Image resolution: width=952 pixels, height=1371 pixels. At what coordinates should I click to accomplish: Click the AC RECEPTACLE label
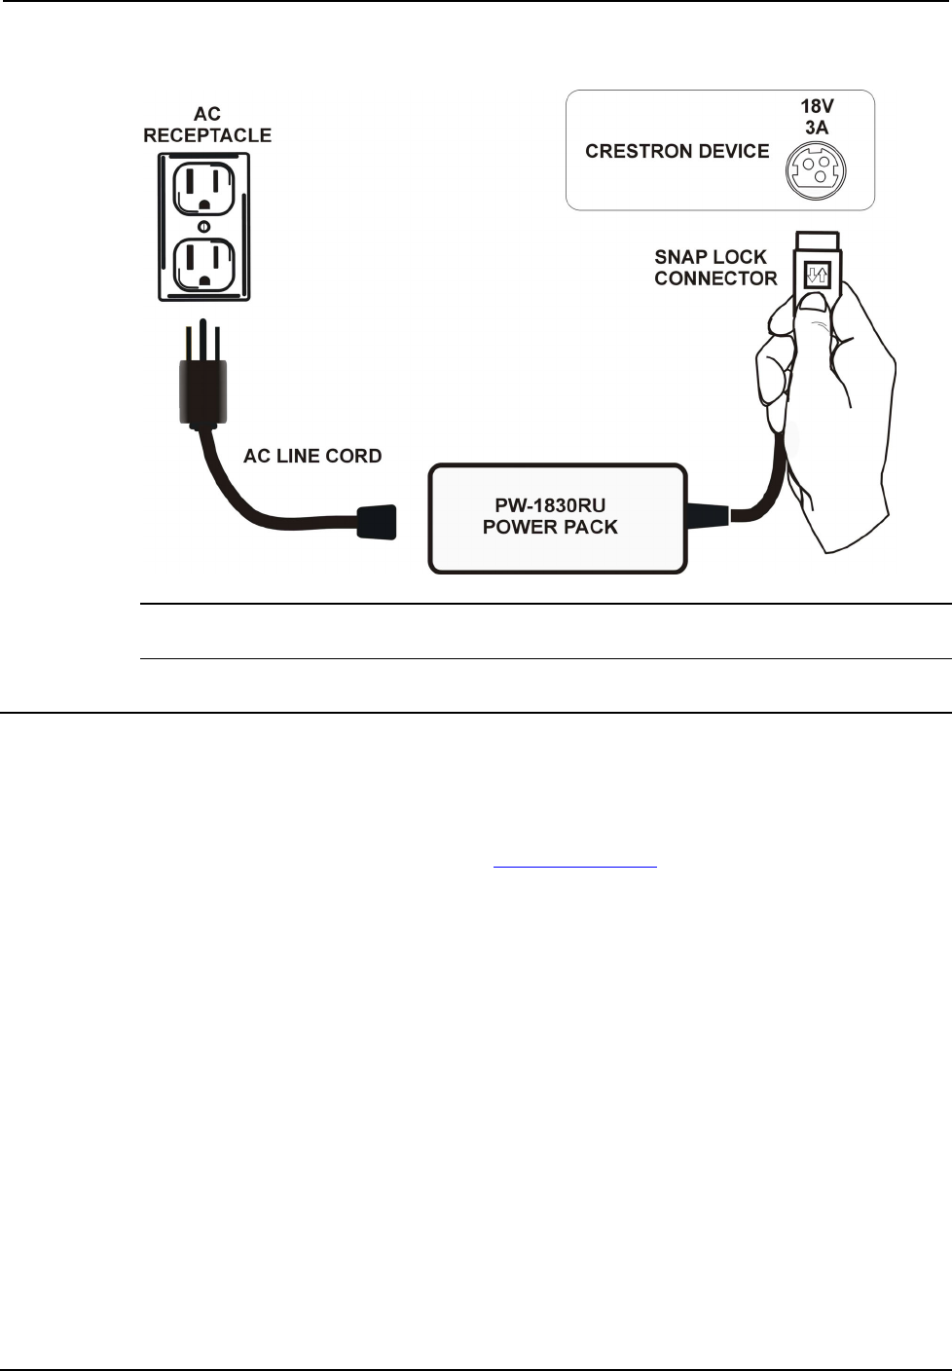click(x=206, y=126)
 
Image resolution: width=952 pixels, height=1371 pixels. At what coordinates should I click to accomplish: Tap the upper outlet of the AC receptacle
click(x=203, y=188)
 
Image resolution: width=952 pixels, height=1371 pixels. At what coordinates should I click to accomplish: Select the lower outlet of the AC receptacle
click(x=203, y=263)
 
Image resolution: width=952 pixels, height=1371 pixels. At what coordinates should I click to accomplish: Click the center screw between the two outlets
click(x=203, y=227)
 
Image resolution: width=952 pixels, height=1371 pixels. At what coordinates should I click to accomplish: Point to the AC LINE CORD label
click(x=312, y=456)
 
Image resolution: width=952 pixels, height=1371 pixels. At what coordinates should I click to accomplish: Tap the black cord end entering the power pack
click(x=378, y=521)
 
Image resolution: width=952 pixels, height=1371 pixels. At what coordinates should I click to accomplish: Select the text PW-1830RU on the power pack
click(x=550, y=505)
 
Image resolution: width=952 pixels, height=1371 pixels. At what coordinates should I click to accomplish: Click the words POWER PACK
click(x=550, y=528)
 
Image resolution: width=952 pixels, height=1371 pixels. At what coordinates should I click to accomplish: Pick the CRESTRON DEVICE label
click(x=677, y=151)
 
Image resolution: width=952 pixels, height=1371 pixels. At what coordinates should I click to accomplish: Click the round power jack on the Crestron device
click(x=816, y=171)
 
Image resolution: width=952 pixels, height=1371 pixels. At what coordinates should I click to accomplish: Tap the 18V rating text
click(x=817, y=106)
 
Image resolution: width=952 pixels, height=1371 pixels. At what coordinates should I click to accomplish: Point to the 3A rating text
click(x=817, y=128)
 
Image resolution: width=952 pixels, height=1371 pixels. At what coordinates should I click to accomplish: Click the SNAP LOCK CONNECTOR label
click(x=715, y=268)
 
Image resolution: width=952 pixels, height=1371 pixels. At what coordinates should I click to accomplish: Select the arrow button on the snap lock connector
click(x=816, y=276)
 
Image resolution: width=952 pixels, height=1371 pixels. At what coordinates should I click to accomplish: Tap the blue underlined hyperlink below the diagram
click(x=575, y=865)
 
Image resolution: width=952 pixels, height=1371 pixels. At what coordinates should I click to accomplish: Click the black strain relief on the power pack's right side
click(x=708, y=513)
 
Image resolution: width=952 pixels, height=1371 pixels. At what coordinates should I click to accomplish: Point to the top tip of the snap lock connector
click(x=817, y=241)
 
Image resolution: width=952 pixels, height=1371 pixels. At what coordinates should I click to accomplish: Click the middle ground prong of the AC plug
click(x=201, y=337)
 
